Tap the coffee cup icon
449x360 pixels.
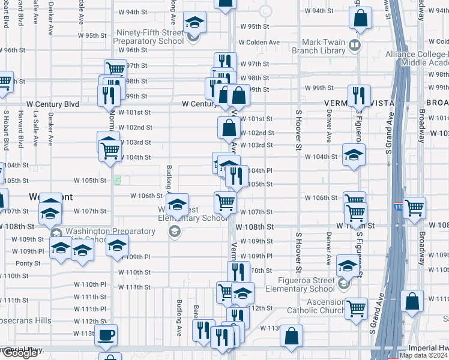[107, 335]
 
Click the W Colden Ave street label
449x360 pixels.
[259, 43]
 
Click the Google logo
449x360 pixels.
[19, 353]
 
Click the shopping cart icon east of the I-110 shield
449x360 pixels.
[415, 208]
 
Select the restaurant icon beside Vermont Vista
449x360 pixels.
[359, 95]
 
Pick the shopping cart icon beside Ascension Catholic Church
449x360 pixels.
[357, 308]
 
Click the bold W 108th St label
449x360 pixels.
[255, 227]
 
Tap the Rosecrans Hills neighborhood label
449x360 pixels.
[26, 321]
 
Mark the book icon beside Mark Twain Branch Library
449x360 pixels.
[355, 46]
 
